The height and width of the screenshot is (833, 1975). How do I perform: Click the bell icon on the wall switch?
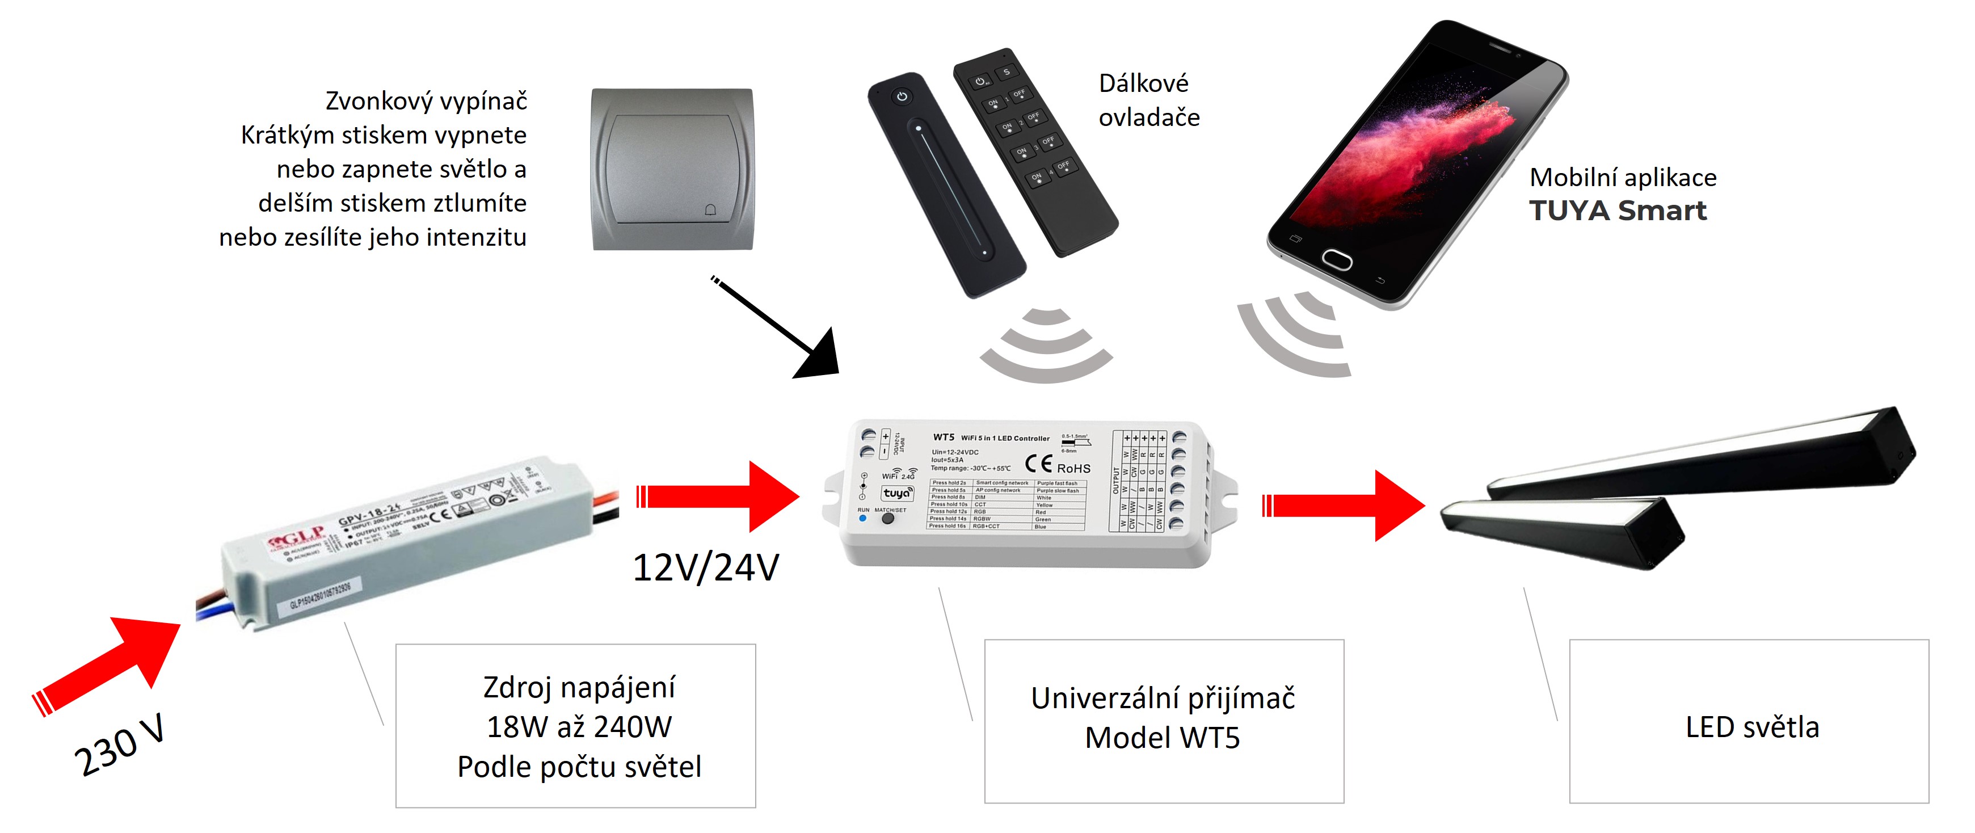(710, 209)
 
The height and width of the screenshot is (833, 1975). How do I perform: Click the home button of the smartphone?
(1336, 259)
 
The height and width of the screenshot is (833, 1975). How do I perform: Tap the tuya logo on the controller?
(897, 493)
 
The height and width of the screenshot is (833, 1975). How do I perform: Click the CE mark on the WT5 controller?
(1039, 463)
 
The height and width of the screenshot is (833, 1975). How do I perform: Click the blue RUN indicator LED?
(862, 519)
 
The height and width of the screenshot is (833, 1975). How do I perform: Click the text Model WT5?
(1163, 738)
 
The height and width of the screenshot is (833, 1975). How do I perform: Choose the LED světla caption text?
(1752, 727)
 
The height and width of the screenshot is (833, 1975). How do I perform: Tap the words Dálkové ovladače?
(1148, 100)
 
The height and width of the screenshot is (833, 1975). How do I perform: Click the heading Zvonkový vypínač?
(426, 100)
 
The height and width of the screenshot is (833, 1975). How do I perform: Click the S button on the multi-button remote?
(1006, 72)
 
